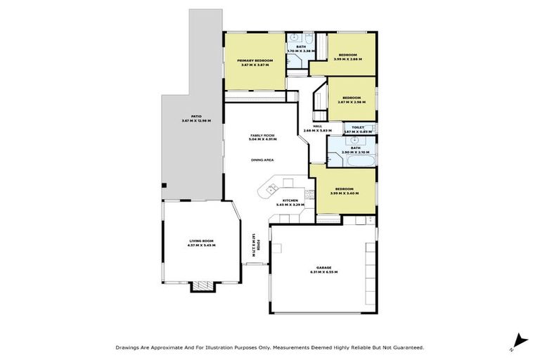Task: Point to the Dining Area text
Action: click(x=262, y=160)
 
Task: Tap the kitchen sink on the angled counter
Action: click(x=269, y=189)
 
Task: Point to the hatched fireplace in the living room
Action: click(x=202, y=285)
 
